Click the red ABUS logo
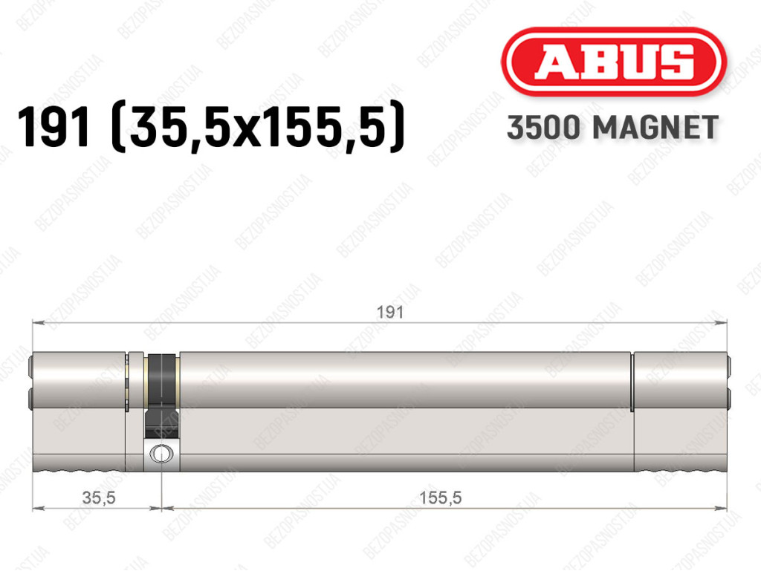(x=613, y=62)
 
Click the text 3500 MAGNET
(x=612, y=128)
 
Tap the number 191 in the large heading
(x=54, y=127)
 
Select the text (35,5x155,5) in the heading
(x=258, y=127)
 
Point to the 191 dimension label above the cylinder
(x=390, y=312)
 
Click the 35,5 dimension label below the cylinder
(x=99, y=497)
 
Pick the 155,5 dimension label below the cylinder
(x=440, y=497)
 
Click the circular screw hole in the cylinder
(x=161, y=454)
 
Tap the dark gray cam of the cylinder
(x=161, y=395)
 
